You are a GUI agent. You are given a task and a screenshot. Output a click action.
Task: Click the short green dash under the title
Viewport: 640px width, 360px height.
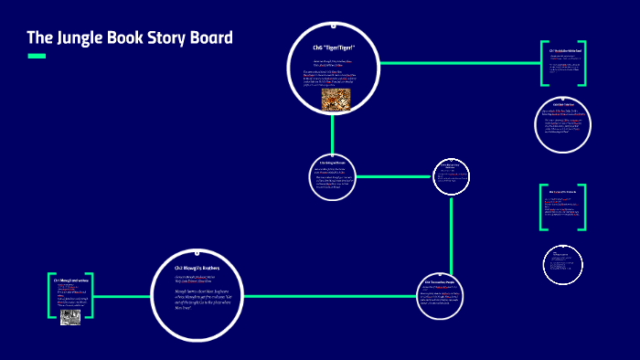pyautogui.click(x=37, y=57)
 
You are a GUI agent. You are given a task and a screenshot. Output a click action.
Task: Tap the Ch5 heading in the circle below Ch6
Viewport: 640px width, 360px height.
pyautogui.click(x=332, y=163)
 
